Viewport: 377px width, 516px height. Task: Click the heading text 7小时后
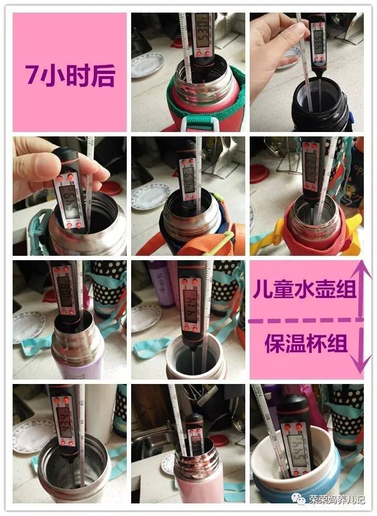click(x=70, y=76)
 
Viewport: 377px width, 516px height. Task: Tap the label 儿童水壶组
click(x=303, y=289)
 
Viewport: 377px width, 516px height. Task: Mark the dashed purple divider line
click(x=305, y=319)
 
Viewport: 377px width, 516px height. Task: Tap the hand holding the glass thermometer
click(x=272, y=49)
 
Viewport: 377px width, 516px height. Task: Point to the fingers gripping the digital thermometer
click(x=38, y=164)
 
